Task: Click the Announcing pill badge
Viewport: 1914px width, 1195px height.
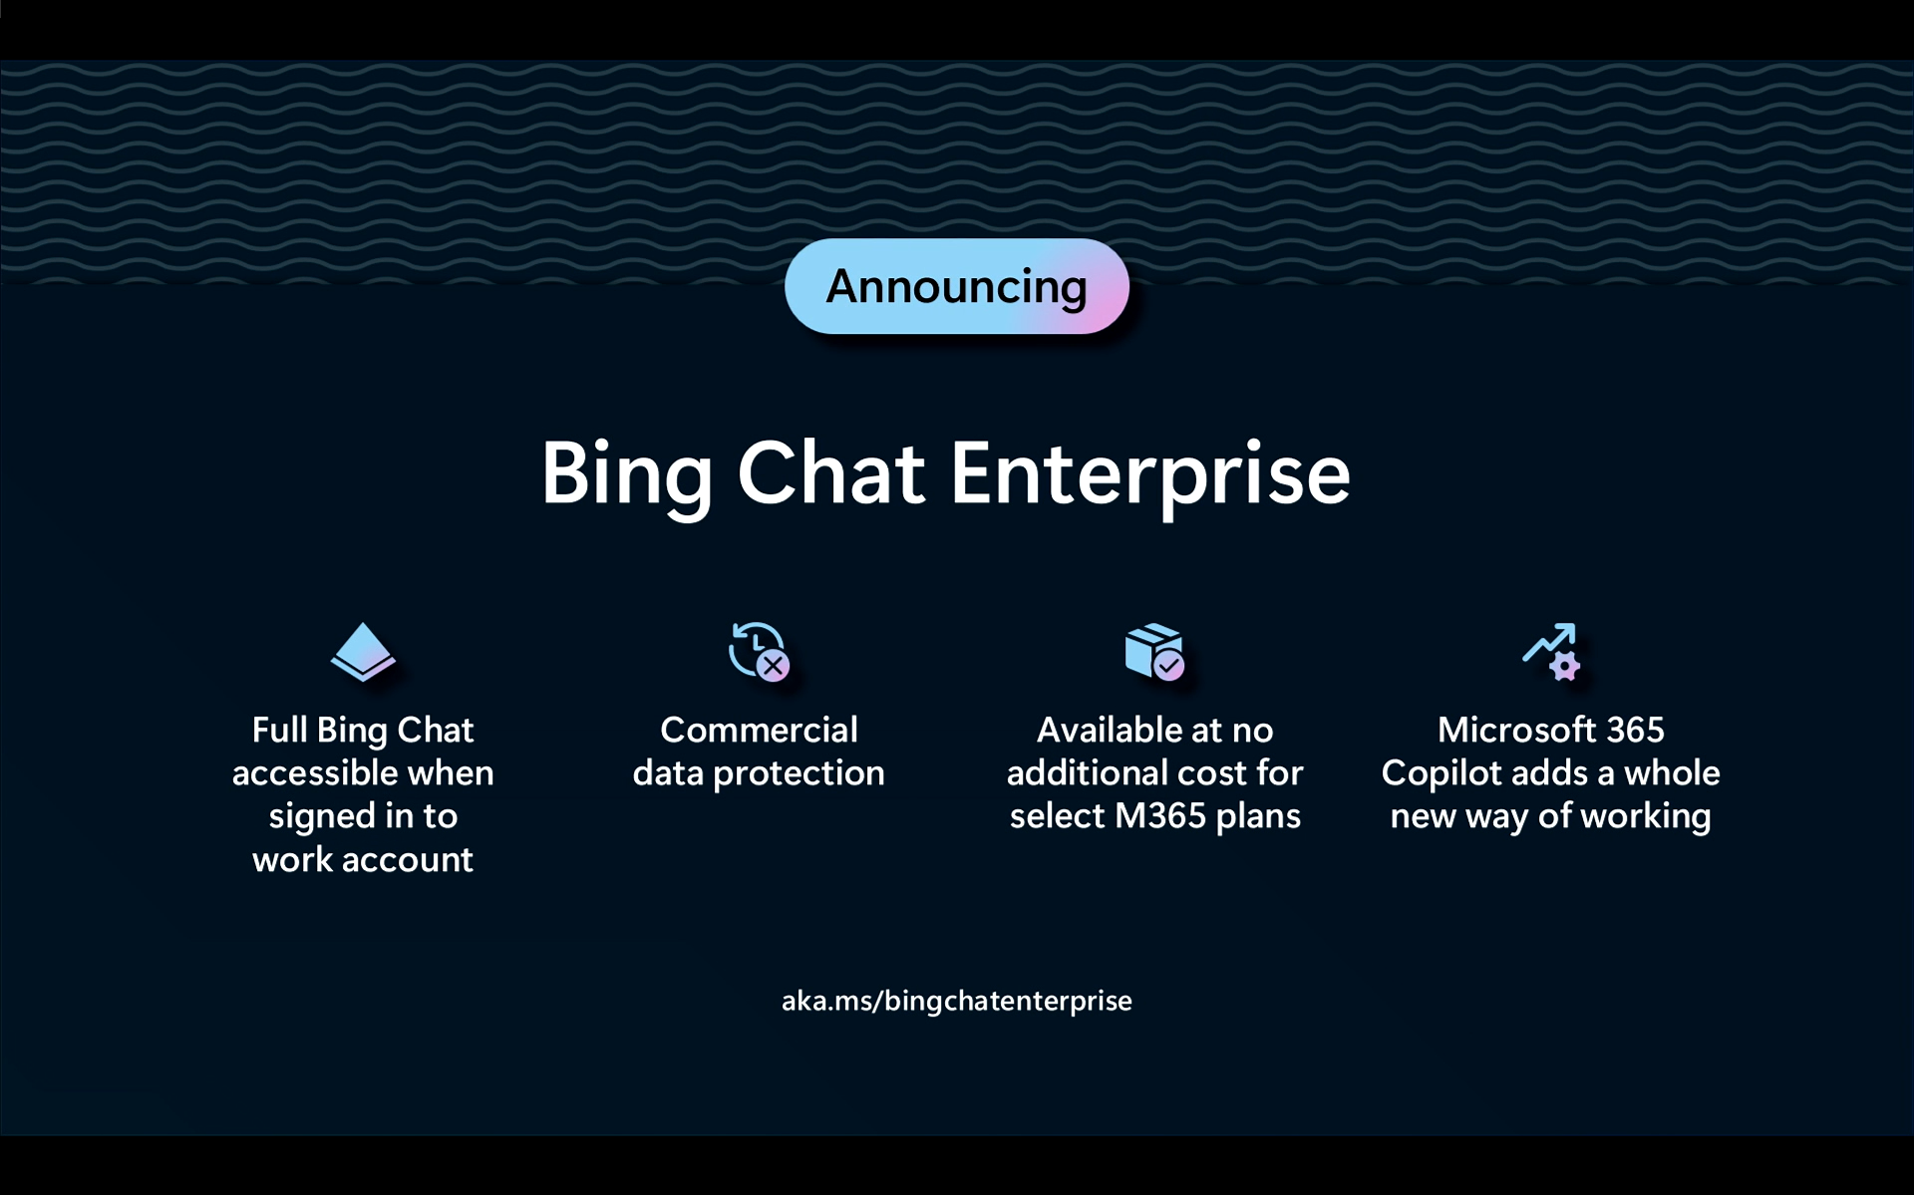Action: (956, 286)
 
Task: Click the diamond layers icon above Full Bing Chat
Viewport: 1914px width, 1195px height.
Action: (363, 652)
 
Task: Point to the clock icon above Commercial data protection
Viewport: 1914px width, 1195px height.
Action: (759, 652)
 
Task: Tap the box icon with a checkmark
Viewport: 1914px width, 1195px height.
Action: (1154, 652)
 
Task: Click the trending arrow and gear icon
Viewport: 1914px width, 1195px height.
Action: (1551, 652)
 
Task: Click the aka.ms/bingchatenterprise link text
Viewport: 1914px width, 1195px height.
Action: (956, 1001)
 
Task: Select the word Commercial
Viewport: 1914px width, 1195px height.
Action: (759, 730)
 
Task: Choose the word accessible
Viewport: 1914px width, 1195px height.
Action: (315, 772)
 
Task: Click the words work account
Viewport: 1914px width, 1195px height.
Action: (363, 859)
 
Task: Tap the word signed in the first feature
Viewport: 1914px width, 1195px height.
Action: (322, 817)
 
